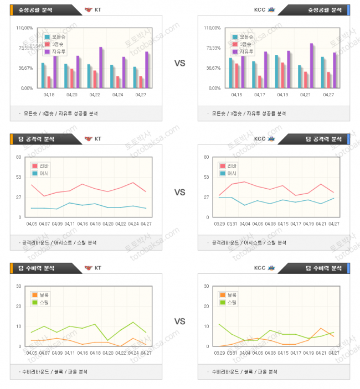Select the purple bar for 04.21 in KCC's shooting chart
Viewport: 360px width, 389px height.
pyautogui.click(x=312, y=65)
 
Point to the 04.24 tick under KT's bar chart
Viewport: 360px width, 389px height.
pyautogui.click(x=118, y=95)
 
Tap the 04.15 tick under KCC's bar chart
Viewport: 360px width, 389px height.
pyautogui.click(x=236, y=95)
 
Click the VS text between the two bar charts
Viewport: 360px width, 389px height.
pyautogui.click(x=179, y=64)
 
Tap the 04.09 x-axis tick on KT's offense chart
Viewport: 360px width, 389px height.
pyautogui.click(x=57, y=224)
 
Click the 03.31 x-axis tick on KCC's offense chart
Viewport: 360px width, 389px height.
pyautogui.click(x=232, y=224)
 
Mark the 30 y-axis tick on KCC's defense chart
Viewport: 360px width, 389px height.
pyautogui.click(x=206, y=286)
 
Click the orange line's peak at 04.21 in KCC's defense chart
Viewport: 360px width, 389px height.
pyautogui.click(x=322, y=328)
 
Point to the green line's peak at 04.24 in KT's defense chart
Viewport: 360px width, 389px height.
pyautogui.click(x=133, y=322)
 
